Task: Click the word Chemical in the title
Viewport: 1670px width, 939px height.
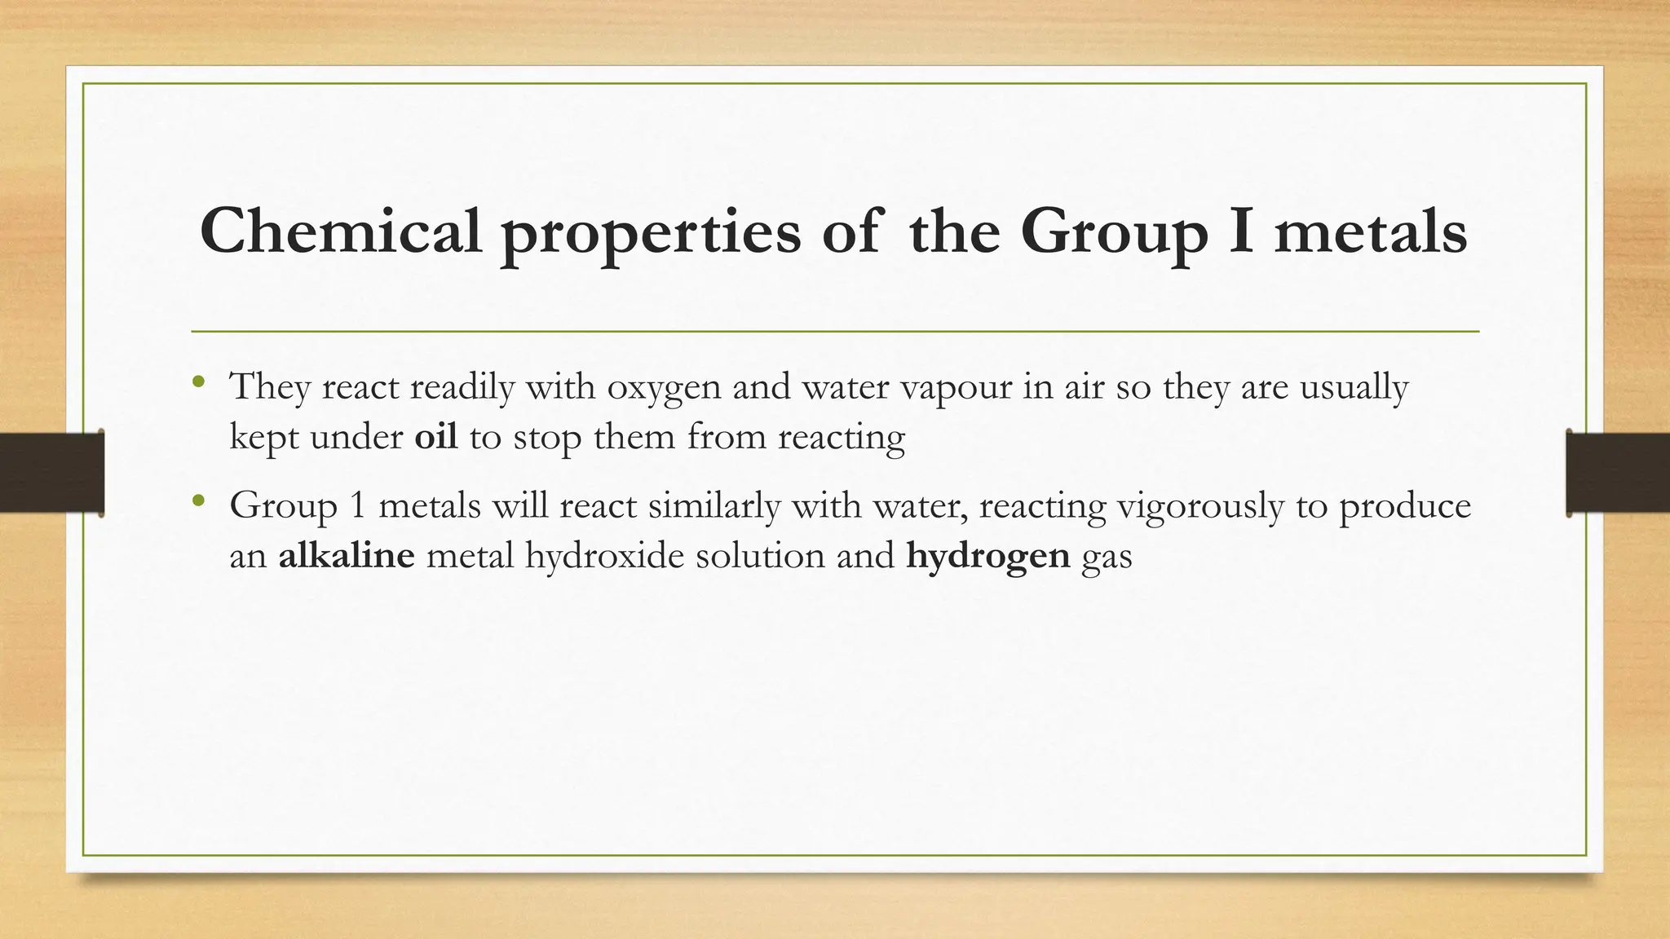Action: point(341,231)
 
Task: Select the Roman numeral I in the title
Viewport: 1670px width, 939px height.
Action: point(1239,231)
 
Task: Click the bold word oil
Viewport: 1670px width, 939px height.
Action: point(435,437)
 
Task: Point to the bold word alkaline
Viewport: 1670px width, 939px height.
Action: point(347,556)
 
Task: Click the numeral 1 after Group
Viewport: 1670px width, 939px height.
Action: point(356,506)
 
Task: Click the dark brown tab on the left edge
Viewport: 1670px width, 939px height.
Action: point(51,473)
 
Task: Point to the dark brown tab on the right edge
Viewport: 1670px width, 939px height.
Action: point(1618,473)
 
